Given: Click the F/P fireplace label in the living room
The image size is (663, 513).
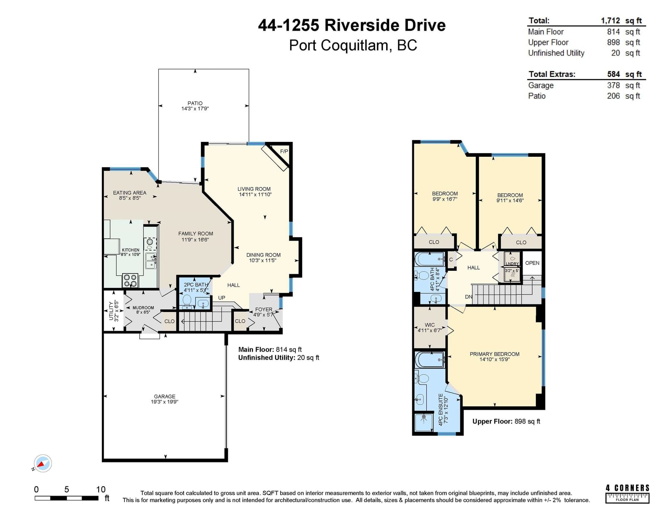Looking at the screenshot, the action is pos(284,151).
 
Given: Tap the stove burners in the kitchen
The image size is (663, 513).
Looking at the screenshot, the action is pos(130,281).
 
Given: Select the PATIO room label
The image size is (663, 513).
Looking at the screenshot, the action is pos(195,103).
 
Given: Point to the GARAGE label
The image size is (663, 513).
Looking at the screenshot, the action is pos(165,396).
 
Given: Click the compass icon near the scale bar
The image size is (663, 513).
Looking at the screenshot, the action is pos(42,464).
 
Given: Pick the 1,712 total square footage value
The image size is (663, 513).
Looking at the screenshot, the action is pos(610,20).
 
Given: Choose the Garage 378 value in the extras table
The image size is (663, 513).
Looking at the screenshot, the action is pos(613,85).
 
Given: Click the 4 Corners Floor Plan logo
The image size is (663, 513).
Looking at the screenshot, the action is pos(628,494).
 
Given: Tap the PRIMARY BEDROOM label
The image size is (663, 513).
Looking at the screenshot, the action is pos(494,354).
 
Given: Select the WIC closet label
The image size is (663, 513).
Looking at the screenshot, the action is pos(430,325).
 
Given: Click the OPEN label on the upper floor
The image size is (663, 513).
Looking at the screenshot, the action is pos(532,263).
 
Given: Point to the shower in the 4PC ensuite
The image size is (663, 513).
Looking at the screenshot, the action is pos(424,422).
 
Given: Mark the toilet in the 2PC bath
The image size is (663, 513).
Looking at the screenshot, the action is pos(187,300).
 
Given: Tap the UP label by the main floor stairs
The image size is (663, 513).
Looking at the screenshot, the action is pos(222,298).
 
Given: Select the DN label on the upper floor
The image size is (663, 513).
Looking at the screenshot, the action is pos(469,297).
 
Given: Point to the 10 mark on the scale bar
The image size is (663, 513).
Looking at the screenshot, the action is pos(101,489).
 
